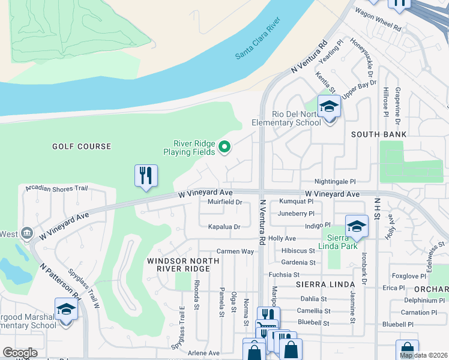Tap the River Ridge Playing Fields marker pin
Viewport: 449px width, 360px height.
click(x=224, y=146)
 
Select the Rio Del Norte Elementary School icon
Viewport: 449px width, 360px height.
click(x=329, y=107)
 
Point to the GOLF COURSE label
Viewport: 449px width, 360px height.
click(x=82, y=146)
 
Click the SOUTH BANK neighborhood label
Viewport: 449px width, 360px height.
click(x=379, y=134)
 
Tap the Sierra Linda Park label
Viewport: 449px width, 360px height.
click(x=339, y=242)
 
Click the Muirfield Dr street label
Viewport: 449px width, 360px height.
click(x=224, y=203)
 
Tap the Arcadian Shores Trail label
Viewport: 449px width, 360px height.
click(x=56, y=188)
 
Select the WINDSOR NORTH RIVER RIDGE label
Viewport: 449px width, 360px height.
click(x=178, y=265)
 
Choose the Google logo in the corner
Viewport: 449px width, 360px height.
click(x=20, y=353)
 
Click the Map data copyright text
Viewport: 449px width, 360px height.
click(x=423, y=355)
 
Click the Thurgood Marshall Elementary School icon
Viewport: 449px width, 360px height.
click(x=66, y=310)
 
